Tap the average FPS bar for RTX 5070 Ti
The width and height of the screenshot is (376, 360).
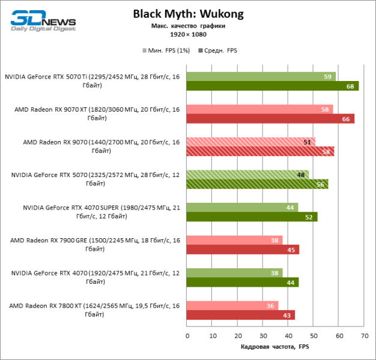coord(272,86)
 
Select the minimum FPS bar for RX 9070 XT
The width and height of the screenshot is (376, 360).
coord(259,109)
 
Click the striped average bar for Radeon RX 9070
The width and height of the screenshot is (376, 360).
coord(260,151)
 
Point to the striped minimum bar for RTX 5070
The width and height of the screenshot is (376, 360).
coord(247,175)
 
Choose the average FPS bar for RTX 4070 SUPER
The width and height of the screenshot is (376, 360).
coord(252,217)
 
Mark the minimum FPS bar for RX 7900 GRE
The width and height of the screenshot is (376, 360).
coord(234,240)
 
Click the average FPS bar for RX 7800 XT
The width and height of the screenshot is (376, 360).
coord(240,315)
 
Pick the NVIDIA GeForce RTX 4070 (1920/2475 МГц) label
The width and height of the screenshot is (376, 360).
coord(95,277)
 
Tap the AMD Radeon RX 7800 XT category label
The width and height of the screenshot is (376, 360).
coord(94,310)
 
